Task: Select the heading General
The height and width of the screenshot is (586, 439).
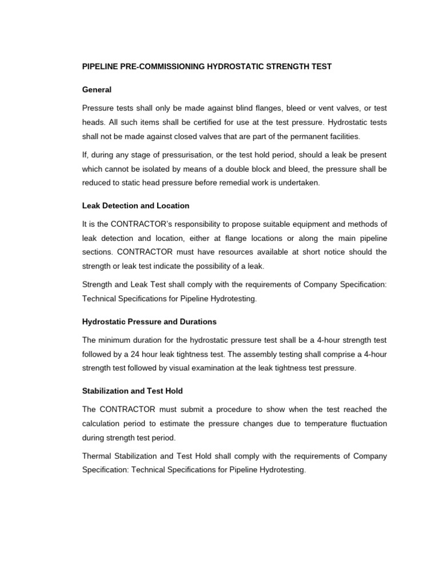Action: pos(97,90)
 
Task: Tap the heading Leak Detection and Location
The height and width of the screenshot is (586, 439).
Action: pos(135,205)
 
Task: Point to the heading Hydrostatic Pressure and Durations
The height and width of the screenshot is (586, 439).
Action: pos(149,322)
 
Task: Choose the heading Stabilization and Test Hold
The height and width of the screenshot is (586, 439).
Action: pos(133,391)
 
